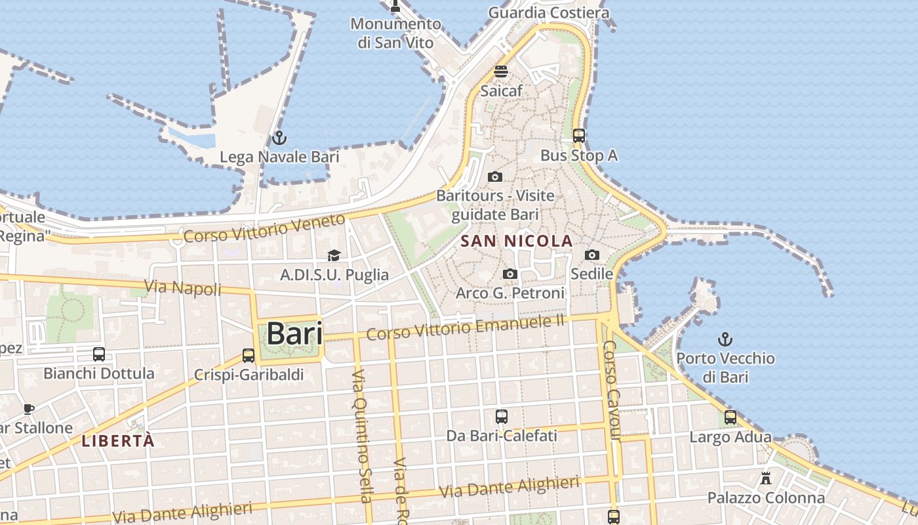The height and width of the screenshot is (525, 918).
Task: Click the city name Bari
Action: click(294, 333)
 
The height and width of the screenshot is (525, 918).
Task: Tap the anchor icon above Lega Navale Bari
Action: click(279, 138)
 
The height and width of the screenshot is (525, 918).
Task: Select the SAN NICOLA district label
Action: click(517, 241)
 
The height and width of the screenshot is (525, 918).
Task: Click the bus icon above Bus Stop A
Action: click(579, 136)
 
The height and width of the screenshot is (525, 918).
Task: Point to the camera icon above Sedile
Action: click(592, 255)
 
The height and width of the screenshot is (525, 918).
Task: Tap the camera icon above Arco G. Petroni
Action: click(510, 274)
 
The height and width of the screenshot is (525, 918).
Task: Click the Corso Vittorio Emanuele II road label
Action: click(466, 326)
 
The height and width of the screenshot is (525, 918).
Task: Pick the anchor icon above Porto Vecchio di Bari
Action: click(725, 339)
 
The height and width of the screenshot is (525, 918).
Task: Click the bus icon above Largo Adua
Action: click(730, 417)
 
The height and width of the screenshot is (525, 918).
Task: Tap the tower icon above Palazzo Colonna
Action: click(766, 478)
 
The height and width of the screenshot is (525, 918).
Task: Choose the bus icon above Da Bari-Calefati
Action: click(502, 416)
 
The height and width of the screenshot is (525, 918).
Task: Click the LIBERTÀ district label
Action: click(118, 441)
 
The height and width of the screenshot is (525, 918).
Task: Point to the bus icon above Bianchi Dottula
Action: click(99, 354)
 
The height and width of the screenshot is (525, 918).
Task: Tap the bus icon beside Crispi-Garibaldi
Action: click(249, 356)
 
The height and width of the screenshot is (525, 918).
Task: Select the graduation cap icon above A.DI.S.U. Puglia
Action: click(334, 255)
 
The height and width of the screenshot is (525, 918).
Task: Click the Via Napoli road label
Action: click(183, 287)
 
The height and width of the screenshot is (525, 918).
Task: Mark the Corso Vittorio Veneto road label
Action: click(264, 228)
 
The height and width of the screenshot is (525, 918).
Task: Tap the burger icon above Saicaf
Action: click(501, 72)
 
